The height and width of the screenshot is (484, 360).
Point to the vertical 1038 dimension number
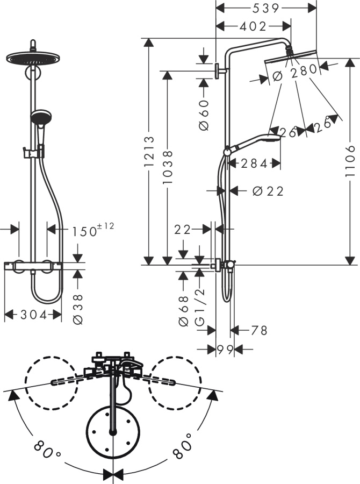(168, 167)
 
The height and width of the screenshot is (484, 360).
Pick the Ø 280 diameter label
(293, 75)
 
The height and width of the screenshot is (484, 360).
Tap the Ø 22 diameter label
(267, 191)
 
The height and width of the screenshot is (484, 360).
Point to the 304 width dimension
(33, 315)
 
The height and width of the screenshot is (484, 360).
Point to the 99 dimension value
(225, 350)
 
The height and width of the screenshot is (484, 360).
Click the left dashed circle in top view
(50, 382)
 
